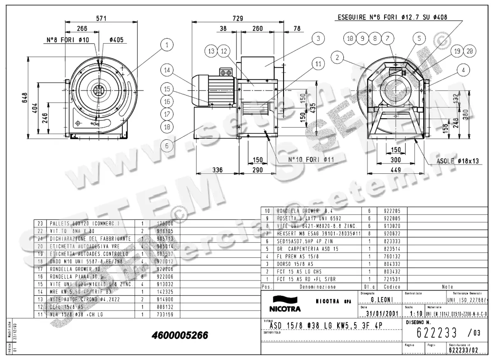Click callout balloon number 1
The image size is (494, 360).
167,45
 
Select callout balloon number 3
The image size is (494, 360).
318,39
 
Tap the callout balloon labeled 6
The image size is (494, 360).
167,145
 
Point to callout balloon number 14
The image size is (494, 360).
167,70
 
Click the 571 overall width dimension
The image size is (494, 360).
101,18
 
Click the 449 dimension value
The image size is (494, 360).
396,170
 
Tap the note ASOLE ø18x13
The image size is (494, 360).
457,161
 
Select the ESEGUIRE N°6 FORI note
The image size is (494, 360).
392,17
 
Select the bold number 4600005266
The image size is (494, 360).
180,336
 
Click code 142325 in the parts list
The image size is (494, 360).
165,292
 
